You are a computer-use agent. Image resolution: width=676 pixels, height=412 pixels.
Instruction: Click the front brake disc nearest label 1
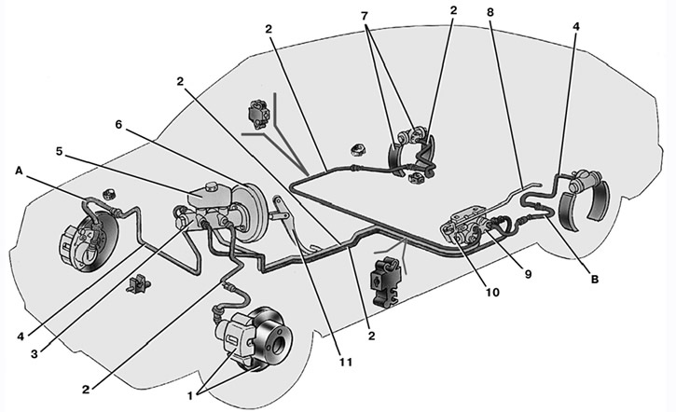[270, 341]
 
